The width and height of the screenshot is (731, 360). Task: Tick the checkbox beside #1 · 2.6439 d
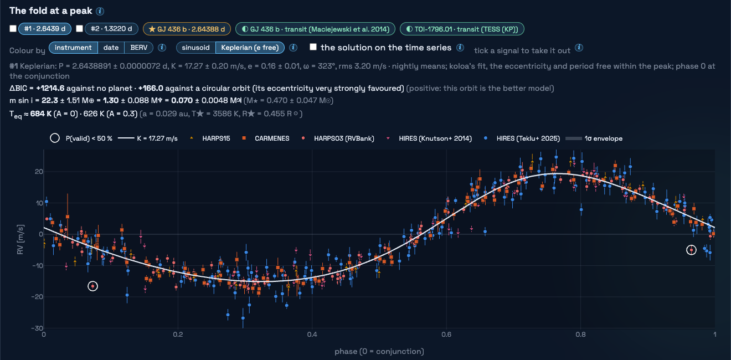coord(13,29)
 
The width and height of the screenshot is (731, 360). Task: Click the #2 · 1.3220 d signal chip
coord(111,29)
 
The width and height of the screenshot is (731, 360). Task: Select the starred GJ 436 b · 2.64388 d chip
coord(187,29)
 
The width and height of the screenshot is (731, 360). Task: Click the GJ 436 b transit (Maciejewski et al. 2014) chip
coord(315,29)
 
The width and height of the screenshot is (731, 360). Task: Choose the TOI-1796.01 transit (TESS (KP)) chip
coord(462,29)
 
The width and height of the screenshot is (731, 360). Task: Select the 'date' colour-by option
coord(111,48)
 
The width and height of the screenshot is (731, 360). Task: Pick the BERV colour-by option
coord(138,48)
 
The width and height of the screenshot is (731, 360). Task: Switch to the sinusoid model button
coord(196,48)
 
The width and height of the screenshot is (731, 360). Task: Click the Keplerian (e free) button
coord(250,48)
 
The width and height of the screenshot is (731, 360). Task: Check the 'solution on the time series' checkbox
coord(313,47)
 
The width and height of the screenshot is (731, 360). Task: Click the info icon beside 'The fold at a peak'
coord(100,12)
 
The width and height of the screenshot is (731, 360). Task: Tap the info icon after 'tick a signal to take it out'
coord(579,48)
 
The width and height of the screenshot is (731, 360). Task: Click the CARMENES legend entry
coord(265,138)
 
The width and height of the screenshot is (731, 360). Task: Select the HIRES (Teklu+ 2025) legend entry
coord(522,138)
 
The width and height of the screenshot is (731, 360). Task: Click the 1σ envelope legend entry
coord(594,138)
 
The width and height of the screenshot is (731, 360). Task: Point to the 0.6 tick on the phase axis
coord(446,335)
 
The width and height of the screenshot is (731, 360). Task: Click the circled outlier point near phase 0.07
coord(92,286)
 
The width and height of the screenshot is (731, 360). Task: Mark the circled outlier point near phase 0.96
coord(691,250)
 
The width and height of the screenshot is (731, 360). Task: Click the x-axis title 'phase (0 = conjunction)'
coord(379,351)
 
